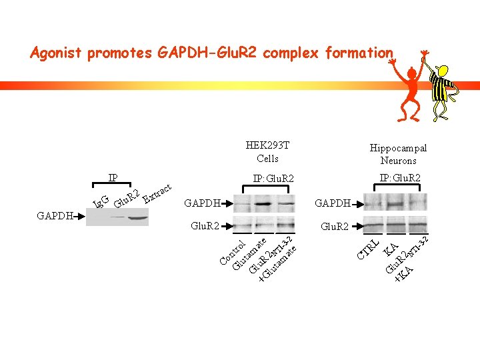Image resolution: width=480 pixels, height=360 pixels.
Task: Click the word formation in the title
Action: [359, 53]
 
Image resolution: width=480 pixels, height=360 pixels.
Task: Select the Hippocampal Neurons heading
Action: [398, 154]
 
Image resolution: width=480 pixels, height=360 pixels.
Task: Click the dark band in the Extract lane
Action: [139, 217]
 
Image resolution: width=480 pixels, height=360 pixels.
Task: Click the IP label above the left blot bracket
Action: [113, 178]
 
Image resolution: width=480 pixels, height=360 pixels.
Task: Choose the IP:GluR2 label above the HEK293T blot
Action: [273, 179]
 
